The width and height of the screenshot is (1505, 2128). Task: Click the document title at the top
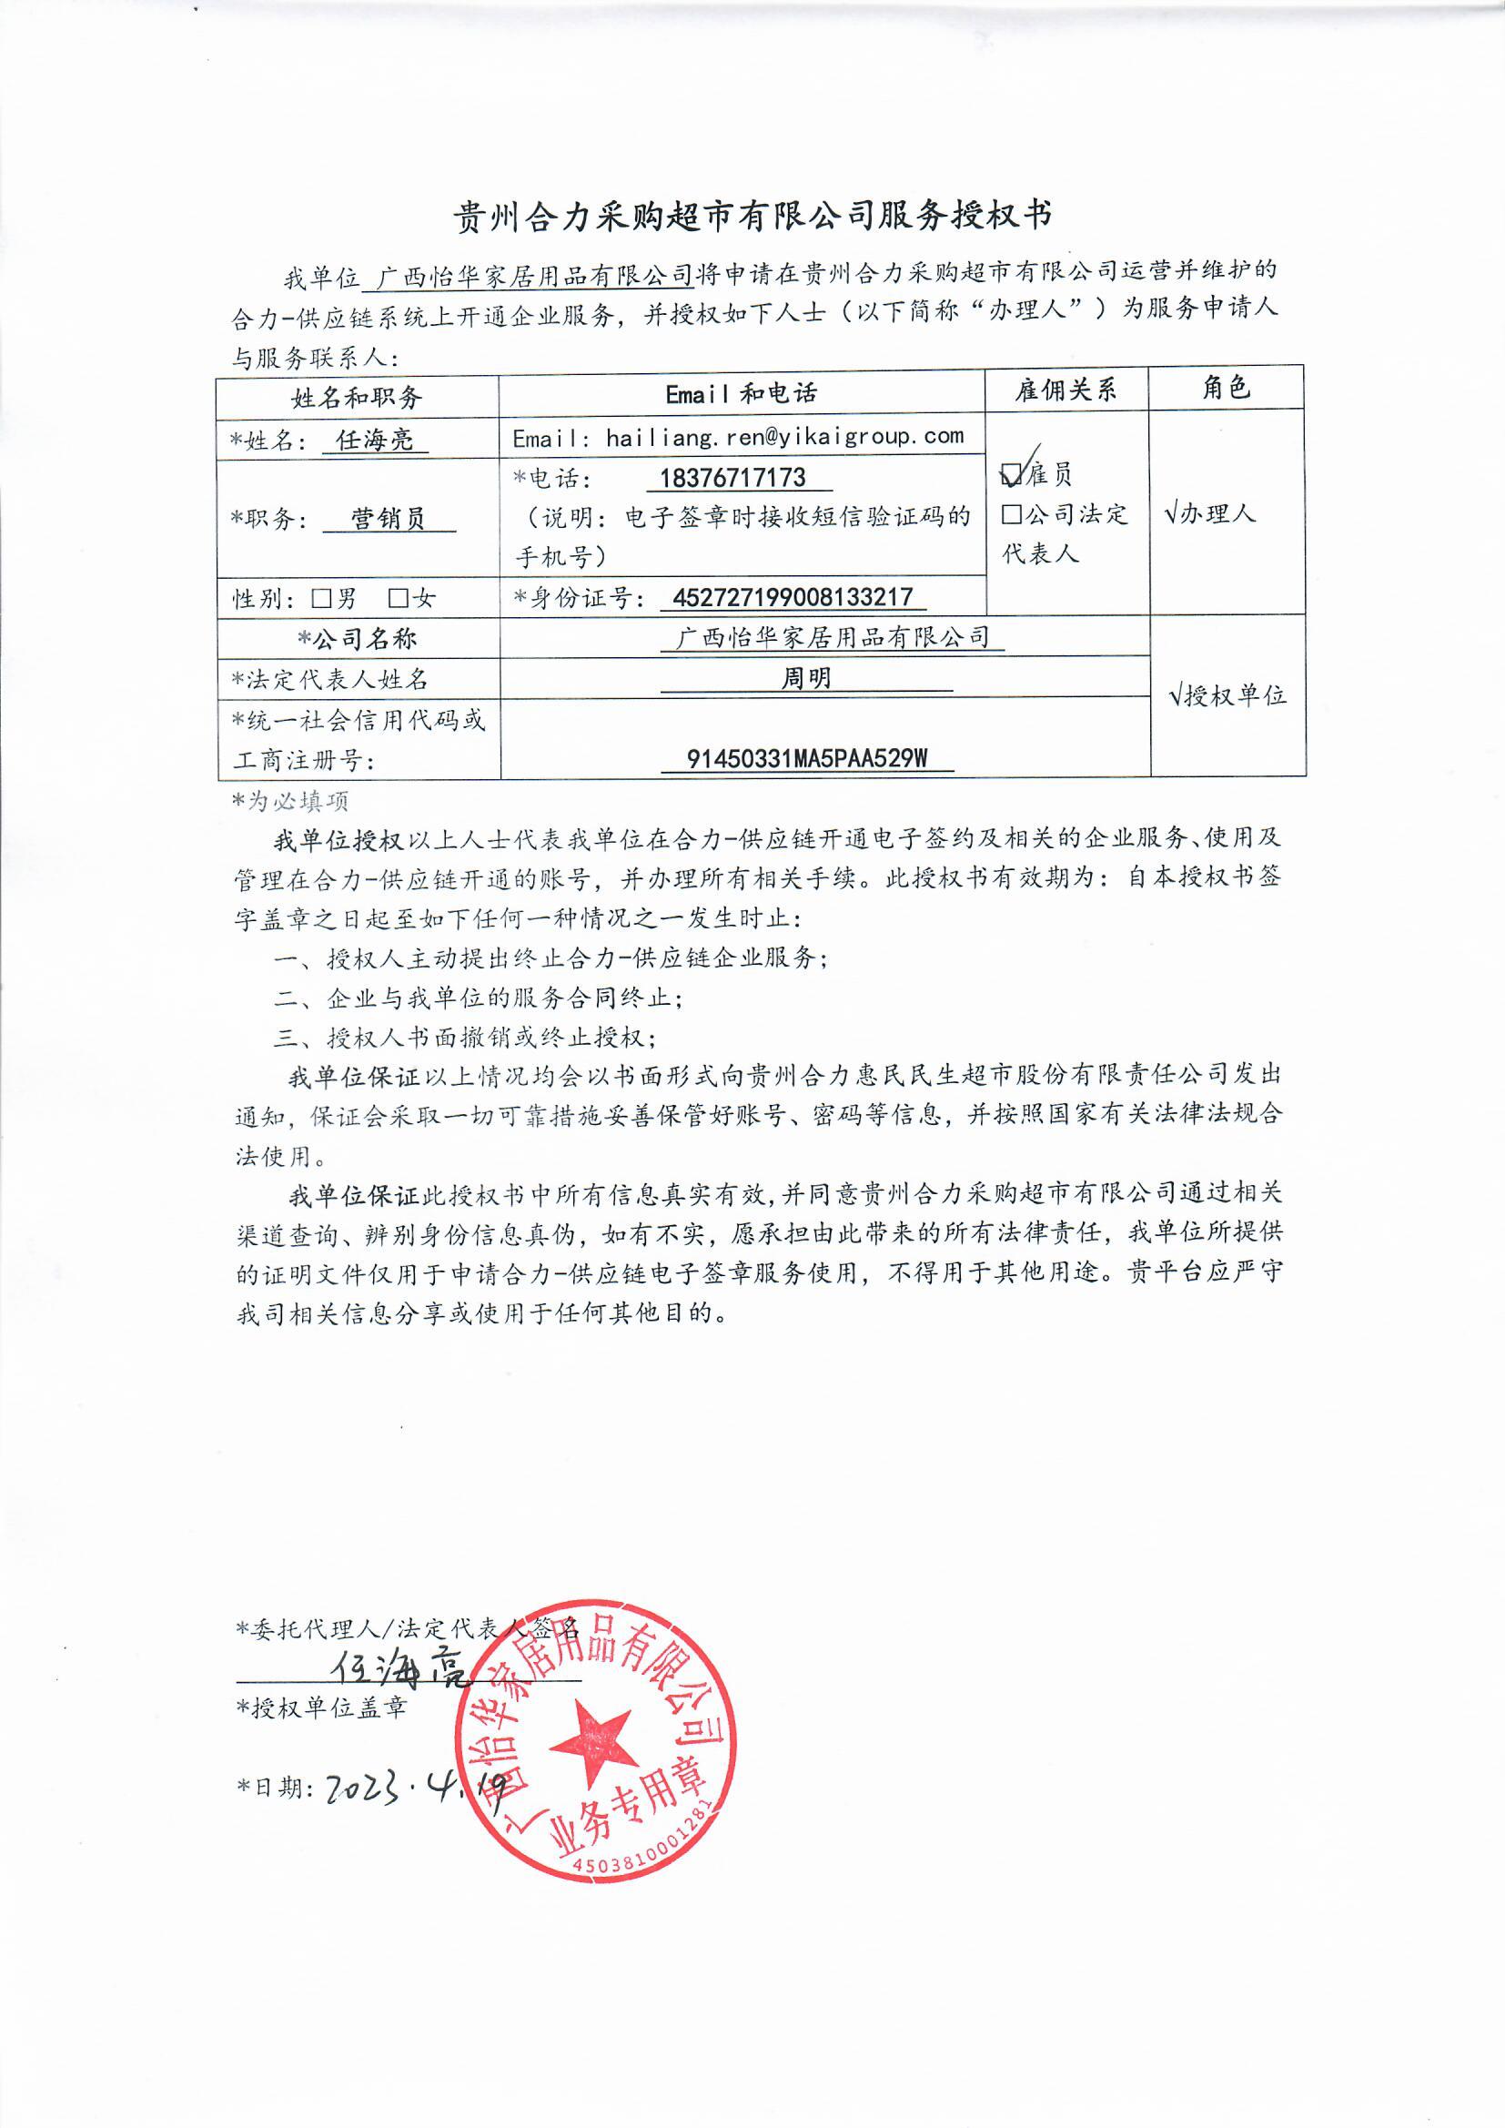pos(752,216)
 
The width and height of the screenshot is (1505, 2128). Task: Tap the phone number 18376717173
pos(732,478)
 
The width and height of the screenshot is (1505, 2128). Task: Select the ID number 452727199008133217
pos(793,597)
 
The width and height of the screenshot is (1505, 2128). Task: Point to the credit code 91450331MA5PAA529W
pos(806,759)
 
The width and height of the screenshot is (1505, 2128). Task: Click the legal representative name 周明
pos(805,678)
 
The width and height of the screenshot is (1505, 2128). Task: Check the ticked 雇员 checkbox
pos(1012,475)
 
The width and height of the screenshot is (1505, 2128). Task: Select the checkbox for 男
pos(321,599)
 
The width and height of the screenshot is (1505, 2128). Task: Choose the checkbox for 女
pos(399,599)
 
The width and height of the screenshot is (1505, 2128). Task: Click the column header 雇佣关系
pos(1065,390)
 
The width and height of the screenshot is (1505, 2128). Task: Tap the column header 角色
pos(1225,388)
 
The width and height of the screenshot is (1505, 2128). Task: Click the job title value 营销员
pos(389,518)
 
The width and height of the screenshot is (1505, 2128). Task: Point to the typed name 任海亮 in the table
pos(374,440)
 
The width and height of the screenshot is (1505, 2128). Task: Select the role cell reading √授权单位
pos(1227,695)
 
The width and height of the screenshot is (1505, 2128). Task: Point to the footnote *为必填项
pos(290,801)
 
